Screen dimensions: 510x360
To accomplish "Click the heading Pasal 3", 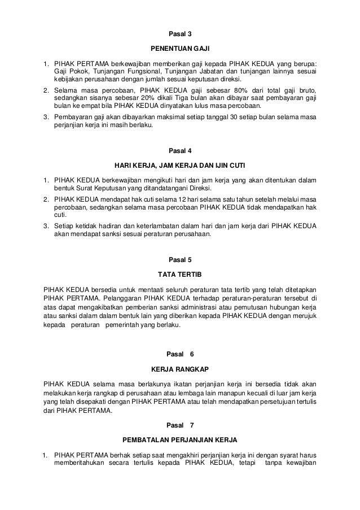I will tap(181, 34).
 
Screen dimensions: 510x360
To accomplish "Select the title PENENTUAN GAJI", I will tap(181, 48).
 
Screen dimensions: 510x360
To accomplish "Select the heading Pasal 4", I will tap(181, 151).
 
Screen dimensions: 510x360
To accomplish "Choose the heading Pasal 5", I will tap(181, 260).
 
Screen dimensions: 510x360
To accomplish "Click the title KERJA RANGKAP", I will tap(181, 368).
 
